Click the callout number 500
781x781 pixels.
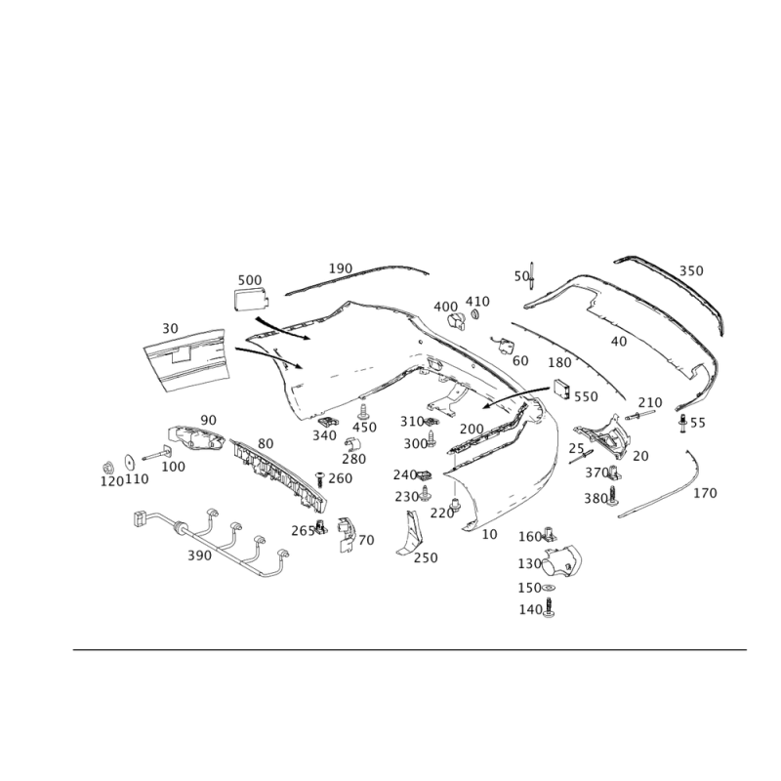250,280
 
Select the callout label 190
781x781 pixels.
340,267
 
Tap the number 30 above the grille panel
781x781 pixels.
170,329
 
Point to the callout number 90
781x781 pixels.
208,420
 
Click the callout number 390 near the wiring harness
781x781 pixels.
199,555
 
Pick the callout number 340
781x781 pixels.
325,433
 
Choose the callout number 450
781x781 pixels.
363,428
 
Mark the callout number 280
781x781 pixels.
353,458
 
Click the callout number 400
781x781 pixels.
444,306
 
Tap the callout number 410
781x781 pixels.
477,301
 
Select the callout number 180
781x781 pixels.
559,363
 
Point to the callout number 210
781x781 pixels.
649,402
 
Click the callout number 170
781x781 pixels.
705,494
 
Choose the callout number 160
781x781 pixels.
529,536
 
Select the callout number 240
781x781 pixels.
403,474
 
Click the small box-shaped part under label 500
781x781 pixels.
250,299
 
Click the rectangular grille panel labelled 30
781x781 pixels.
185,361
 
